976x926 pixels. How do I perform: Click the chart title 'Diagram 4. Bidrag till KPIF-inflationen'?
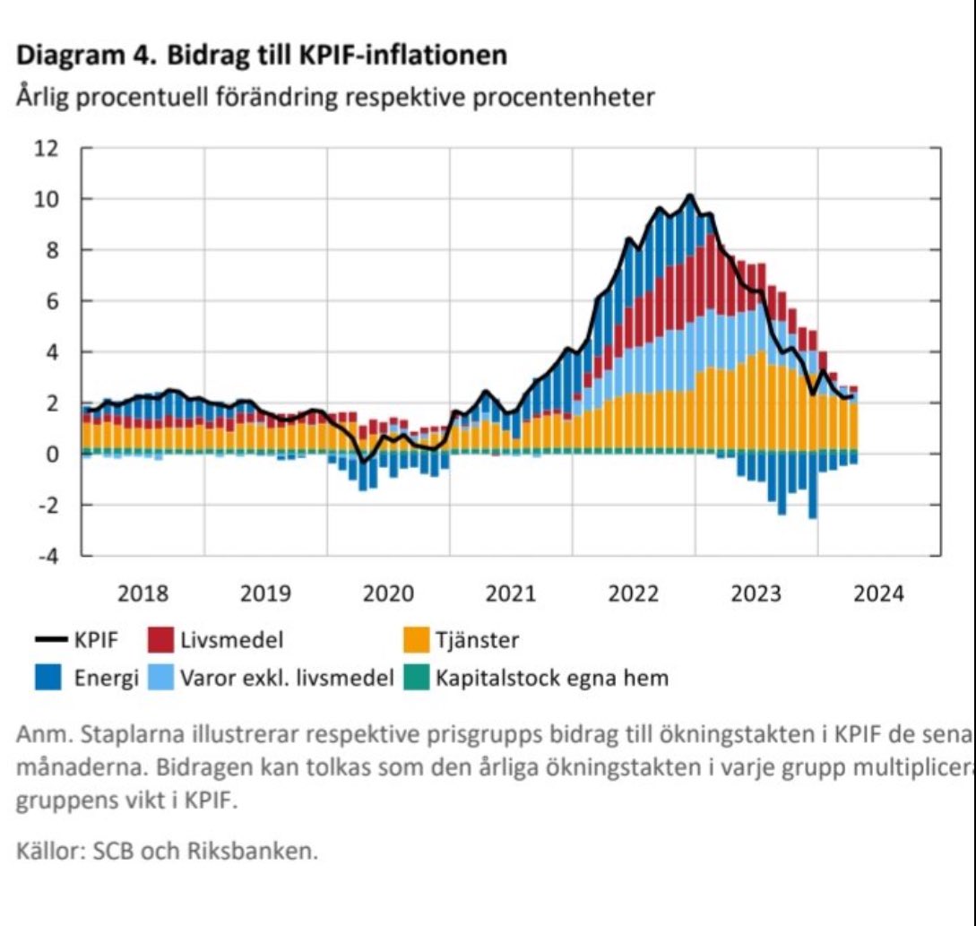click(262, 56)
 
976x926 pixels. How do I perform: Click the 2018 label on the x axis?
click(143, 593)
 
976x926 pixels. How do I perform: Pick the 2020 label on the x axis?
click(388, 593)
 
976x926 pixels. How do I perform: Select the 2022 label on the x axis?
click(634, 593)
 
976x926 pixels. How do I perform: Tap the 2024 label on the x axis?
click(879, 593)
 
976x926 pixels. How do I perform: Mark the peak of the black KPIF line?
click(689, 195)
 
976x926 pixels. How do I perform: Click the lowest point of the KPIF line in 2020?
click(364, 461)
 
